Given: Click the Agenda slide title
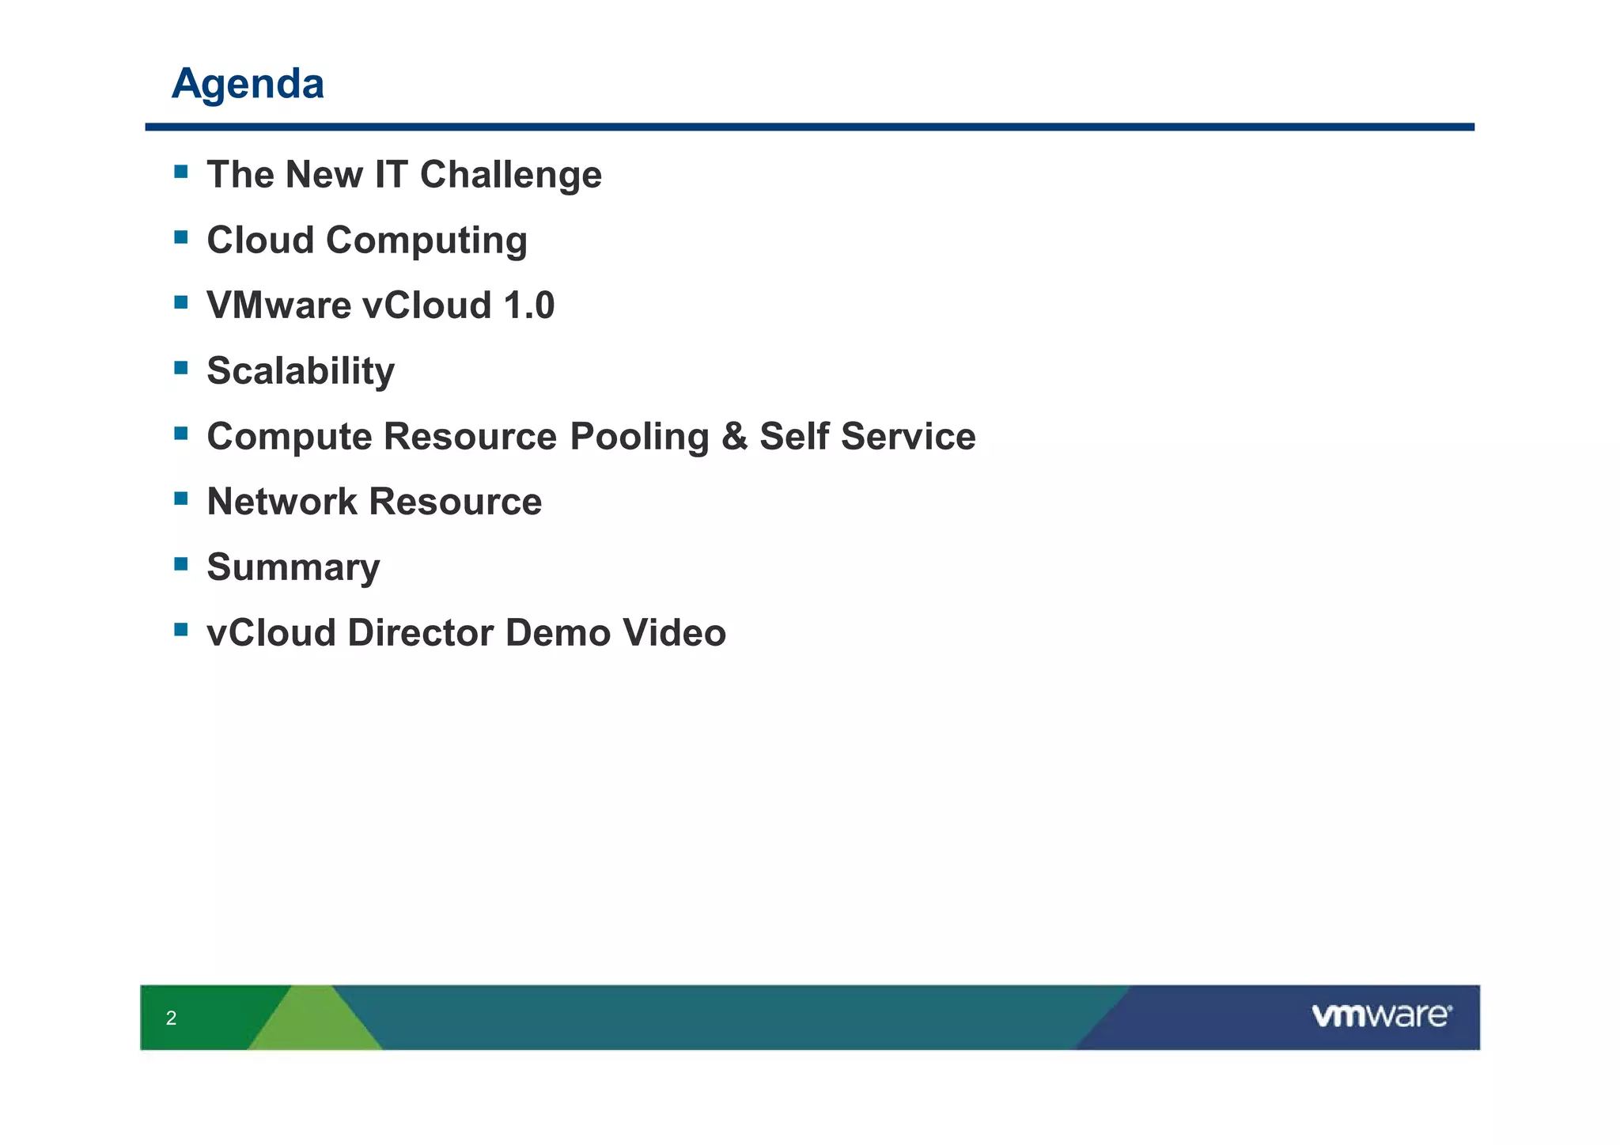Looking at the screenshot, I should pos(248,83).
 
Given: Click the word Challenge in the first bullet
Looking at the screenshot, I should pos(510,175).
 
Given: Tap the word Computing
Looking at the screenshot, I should pos(426,241).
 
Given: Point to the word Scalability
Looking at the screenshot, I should pos(301,371).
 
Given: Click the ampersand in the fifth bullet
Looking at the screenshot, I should pos(734,437).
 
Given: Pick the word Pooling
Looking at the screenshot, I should pos(639,437).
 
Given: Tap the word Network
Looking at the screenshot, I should pos(282,502).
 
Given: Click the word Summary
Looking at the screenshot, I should pos(293,567).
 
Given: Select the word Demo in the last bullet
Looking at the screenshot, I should pos(558,633).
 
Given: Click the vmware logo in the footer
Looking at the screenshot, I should pos(1381,1016).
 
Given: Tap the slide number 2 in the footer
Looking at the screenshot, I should pos(171,1018).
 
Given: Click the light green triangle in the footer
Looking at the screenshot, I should pos(315,1023).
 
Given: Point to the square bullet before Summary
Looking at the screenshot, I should pos(181,563).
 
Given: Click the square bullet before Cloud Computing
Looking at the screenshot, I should pos(181,237).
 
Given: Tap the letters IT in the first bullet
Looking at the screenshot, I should pos(391,175).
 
